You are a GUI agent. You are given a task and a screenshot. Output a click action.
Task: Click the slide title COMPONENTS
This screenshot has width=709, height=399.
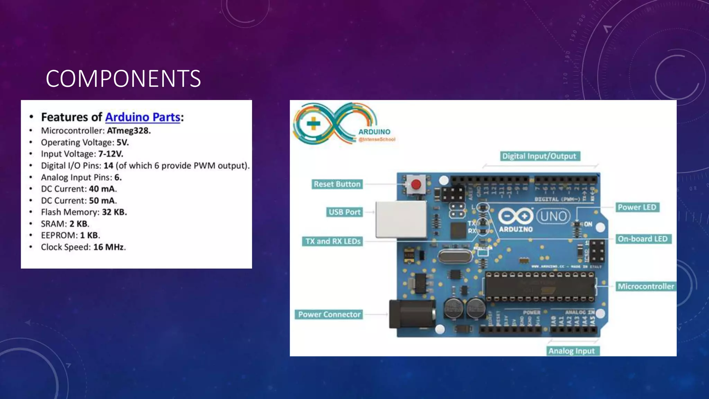click(123, 79)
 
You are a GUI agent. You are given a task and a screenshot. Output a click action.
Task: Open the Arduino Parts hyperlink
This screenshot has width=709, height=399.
click(143, 117)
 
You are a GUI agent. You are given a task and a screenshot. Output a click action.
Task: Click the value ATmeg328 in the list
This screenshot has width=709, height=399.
click(128, 131)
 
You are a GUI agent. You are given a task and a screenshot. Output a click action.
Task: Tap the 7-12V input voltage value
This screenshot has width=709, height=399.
click(110, 154)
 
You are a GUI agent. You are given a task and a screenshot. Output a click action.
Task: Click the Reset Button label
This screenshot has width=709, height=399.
click(337, 184)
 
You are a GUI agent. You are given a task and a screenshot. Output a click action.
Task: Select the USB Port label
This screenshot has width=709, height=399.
click(344, 212)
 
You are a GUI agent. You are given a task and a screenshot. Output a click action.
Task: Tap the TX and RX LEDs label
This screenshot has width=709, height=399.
click(333, 241)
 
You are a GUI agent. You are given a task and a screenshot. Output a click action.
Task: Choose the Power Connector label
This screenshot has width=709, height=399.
click(329, 314)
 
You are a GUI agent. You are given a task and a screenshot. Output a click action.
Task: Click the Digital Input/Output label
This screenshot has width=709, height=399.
click(539, 156)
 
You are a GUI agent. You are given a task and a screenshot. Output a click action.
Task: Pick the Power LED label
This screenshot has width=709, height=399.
click(637, 207)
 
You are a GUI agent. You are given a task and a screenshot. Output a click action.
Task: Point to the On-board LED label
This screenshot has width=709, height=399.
click(643, 239)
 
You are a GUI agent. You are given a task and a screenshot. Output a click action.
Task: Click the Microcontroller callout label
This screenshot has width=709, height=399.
click(646, 286)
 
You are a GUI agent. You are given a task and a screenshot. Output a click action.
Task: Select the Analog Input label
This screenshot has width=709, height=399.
click(572, 351)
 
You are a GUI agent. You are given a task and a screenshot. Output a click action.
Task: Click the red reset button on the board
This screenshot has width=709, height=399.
click(416, 184)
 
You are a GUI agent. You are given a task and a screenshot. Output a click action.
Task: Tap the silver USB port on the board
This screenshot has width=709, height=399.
click(401, 219)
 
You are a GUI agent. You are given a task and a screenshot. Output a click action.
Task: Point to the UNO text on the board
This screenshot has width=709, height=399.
click(553, 216)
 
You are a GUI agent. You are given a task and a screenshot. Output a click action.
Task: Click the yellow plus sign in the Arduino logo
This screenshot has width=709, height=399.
click(313, 124)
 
